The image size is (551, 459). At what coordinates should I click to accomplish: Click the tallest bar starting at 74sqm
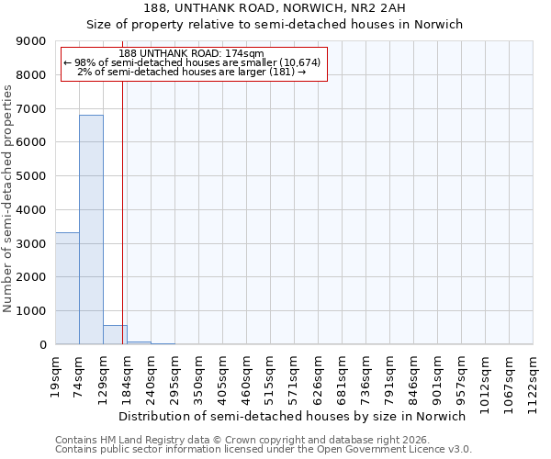click(91, 229)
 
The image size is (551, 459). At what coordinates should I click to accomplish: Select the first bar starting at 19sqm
click(67, 288)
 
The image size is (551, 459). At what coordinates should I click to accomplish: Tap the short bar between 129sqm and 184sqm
click(115, 335)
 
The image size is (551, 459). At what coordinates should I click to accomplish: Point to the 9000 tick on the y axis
click(32, 41)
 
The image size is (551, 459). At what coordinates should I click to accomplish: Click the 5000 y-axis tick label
click(32, 176)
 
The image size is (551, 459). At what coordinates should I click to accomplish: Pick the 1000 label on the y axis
click(32, 311)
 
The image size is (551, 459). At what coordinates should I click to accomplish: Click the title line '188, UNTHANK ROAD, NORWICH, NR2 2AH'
click(275, 8)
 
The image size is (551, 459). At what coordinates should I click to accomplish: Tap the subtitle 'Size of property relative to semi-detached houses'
click(275, 25)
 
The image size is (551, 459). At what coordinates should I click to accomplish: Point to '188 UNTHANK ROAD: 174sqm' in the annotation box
click(192, 53)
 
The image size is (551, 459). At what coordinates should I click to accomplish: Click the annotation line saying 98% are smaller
click(192, 62)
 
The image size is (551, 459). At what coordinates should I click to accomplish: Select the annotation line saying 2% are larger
click(192, 72)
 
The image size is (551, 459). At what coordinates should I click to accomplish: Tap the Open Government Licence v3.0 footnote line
click(264, 450)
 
